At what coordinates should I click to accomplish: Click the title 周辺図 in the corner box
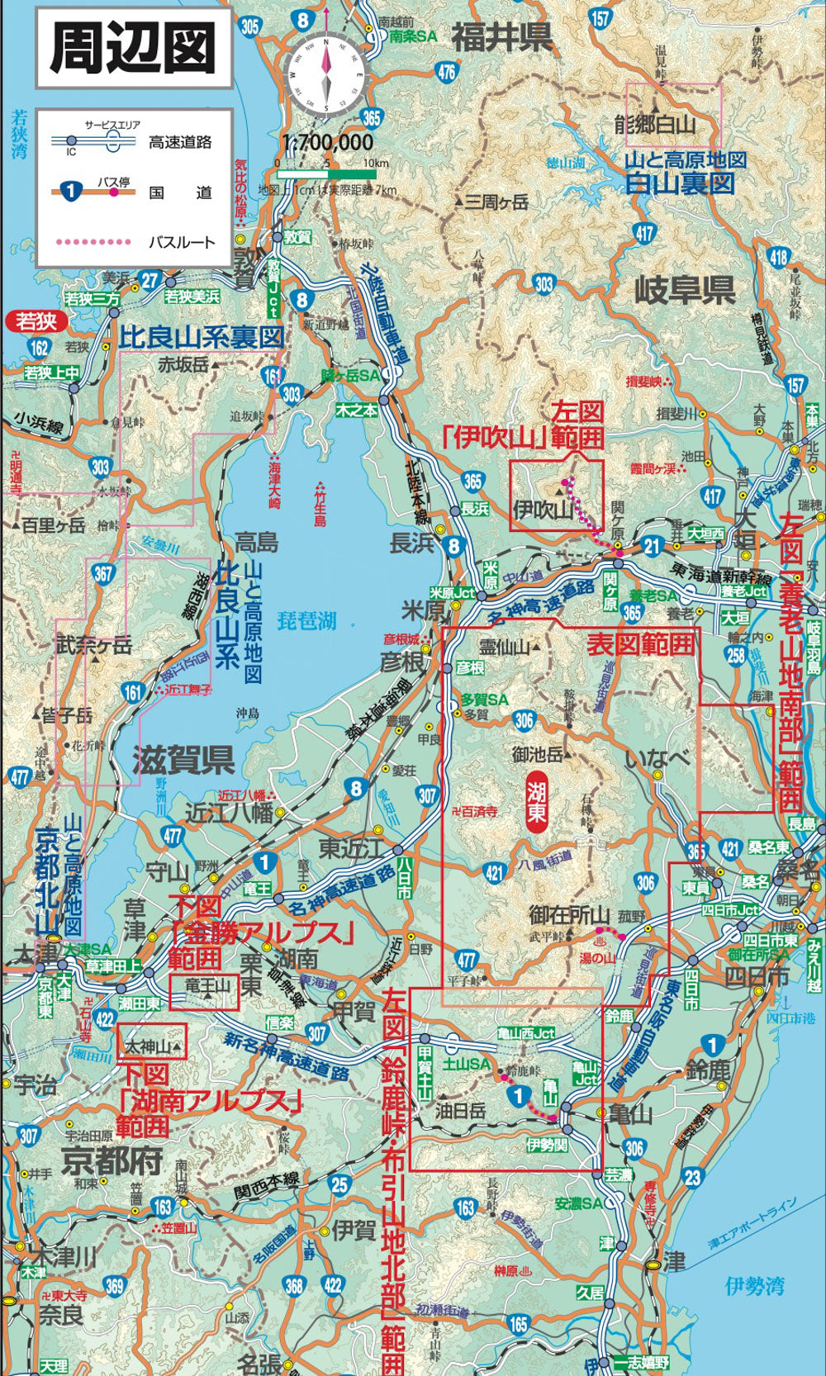(x=133, y=48)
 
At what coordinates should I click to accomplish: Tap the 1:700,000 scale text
(x=328, y=142)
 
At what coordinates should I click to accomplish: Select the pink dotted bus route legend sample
(x=93, y=242)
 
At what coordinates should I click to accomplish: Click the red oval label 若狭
(x=36, y=320)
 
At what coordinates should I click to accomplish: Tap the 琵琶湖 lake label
(x=306, y=620)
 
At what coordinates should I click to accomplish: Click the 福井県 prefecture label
(x=501, y=37)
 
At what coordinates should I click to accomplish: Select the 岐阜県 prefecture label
(x=684, y=290)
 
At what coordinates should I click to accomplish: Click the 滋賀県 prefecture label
(x=183, y=760)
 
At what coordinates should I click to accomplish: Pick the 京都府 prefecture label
(x=112, y=1161)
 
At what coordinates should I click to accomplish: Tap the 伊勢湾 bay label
(x=754, y=1285)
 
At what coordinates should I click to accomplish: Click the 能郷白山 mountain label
(x=655, y=125)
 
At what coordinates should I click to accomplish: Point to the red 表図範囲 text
(x=640, y=643)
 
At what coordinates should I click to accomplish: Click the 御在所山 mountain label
(x=569, y=915)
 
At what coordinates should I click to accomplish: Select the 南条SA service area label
(x=413, y=37)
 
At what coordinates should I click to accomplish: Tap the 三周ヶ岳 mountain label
(x=495, y=202)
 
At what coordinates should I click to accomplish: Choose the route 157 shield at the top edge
(x=601, y=18)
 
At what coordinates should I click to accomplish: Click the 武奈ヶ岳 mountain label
(x=93, y=646)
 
